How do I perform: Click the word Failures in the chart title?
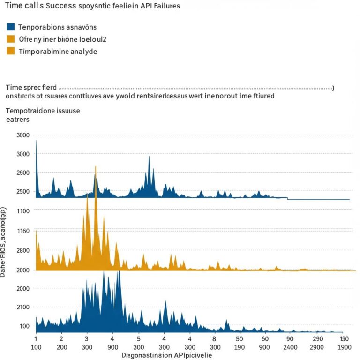pyautogui.click(x=165, y=7)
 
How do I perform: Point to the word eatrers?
pyautogui.click(x=18, y=120)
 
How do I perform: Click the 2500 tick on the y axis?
pyautogui.click(x=23, y=192)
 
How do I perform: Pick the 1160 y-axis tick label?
pyautogui.click(x=23, y=231)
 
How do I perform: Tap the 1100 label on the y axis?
pyautogui.click(x=23, y=211)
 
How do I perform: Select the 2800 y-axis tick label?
pyautogui.click(x=23, y=250)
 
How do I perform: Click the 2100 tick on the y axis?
pyautogui.click(x=23, y=307)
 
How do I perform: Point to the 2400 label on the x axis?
pyautogui.click(x=291, y=347)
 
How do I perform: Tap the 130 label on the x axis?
pyautogui.click(x=345, y=338)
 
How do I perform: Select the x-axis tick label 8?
pyautogui.click(x=214, y=338)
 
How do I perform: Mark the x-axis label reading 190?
pyautogui.click(x=240, y=347)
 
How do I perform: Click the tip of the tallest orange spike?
pyautogui.click(x=96, y=167)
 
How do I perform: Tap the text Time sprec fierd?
pyautogui.click(x=31, y=87)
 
